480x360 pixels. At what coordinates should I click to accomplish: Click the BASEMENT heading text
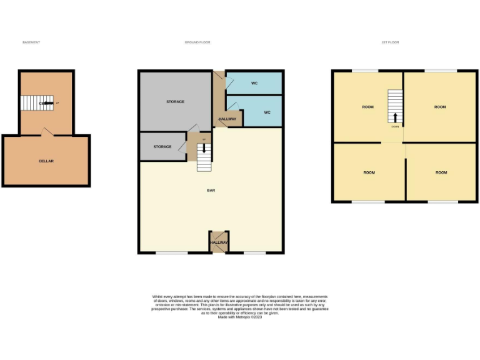pos(31,42)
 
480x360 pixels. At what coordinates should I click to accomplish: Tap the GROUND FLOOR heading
pos(197,42)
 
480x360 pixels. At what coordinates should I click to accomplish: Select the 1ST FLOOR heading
pos(390,42)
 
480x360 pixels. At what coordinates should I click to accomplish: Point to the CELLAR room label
pos(46,161)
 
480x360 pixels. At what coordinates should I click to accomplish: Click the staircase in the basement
pos(37,103)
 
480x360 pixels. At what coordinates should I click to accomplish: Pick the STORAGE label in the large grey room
pos(175,101)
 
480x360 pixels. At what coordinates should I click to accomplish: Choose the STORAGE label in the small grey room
pos(162,147)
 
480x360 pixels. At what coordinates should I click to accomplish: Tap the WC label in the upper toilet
pos(254,83)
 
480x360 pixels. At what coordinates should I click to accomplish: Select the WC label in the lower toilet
pos(267,112)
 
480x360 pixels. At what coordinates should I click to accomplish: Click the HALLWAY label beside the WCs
pos(227,119)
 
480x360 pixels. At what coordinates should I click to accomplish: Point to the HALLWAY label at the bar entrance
pos(219,242)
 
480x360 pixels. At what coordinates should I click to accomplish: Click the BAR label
pos(211,191)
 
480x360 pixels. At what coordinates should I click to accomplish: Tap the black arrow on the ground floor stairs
pos(202,149)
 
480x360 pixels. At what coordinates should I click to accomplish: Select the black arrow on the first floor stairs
pos(395,117)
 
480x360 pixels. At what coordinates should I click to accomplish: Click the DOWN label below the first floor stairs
pos(395,126)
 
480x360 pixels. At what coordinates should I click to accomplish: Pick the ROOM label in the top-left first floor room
pos(367,107)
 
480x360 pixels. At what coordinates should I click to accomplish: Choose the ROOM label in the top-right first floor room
pos(440,107)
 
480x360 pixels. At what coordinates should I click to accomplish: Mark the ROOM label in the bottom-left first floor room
pos(369,172)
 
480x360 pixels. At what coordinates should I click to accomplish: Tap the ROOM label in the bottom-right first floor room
pos(441,172)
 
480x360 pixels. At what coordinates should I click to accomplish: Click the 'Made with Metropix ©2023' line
pos(240,317)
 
